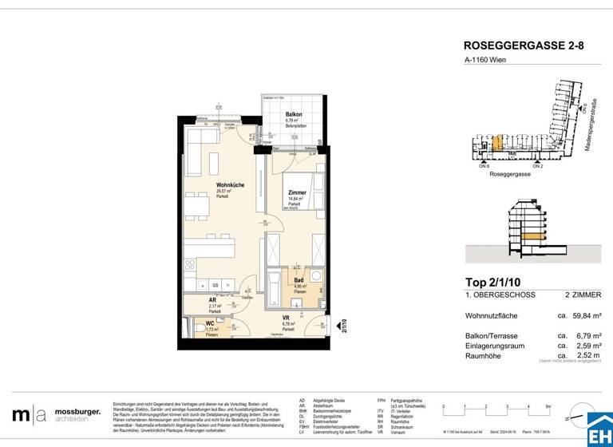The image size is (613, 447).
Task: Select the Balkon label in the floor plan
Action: pos(294,115)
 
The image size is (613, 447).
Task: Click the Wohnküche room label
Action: pos(230,185)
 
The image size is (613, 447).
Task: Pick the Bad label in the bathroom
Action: pos(299,281)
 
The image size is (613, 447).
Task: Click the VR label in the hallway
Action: pos(286,318)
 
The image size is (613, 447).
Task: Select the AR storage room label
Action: pos(212,300)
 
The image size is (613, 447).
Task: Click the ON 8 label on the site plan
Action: pos(483,166)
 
